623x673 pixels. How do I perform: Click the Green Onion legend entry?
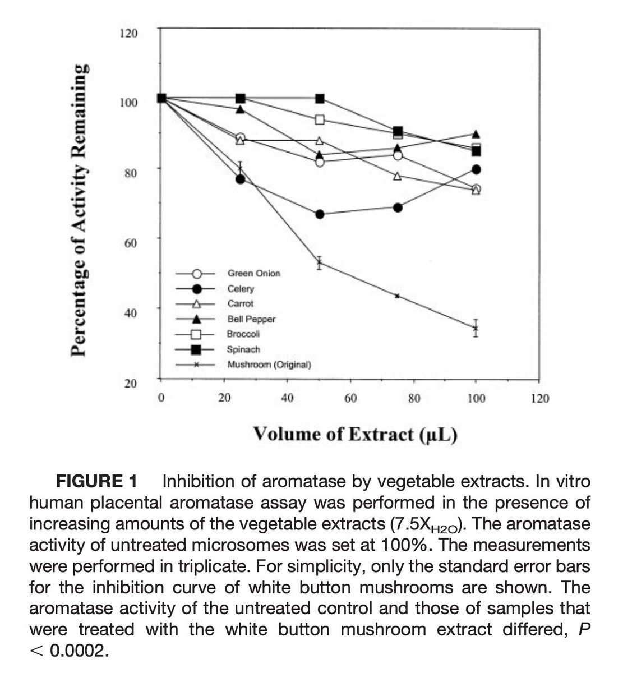253,274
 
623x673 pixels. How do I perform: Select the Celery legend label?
241,289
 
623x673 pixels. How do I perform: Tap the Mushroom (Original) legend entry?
269,365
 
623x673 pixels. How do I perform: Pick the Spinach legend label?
243,349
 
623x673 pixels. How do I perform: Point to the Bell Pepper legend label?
251,319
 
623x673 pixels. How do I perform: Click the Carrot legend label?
240,304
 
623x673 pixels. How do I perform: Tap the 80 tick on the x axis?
414,399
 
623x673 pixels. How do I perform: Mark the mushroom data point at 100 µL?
476,328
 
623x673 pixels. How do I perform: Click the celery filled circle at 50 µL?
320,214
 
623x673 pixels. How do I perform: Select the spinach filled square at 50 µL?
320,99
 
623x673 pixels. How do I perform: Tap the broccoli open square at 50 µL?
320,119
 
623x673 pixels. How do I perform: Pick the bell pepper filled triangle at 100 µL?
476,135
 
